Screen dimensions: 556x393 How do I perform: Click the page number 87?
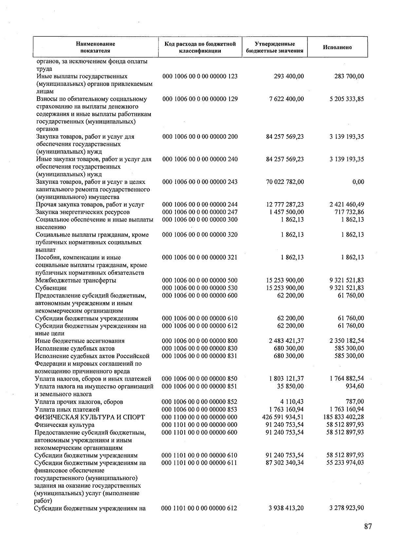[368, 527]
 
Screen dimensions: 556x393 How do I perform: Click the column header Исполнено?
[337, 47]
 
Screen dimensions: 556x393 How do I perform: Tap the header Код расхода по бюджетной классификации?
[200, 47]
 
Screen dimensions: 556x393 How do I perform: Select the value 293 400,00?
[289, 76]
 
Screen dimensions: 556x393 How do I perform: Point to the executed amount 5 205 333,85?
[346, 99]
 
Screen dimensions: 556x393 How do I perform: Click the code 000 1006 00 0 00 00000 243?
[200, 182]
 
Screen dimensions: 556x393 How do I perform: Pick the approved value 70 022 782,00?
[285, 182]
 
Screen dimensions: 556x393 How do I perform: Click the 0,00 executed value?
[358, 182]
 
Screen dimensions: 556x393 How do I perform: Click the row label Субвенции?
[51, 288]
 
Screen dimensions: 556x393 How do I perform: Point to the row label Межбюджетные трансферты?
[76, 280]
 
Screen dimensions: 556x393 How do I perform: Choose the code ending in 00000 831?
[200, 356]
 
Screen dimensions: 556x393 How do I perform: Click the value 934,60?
[355, 386]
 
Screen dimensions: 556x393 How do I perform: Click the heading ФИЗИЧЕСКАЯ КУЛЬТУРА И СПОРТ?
[89, 417]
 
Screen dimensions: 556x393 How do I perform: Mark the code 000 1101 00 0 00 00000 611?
[200, 463]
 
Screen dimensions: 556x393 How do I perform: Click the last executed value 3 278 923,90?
[346, 508]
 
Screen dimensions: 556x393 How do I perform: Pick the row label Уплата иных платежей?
[67, 410]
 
